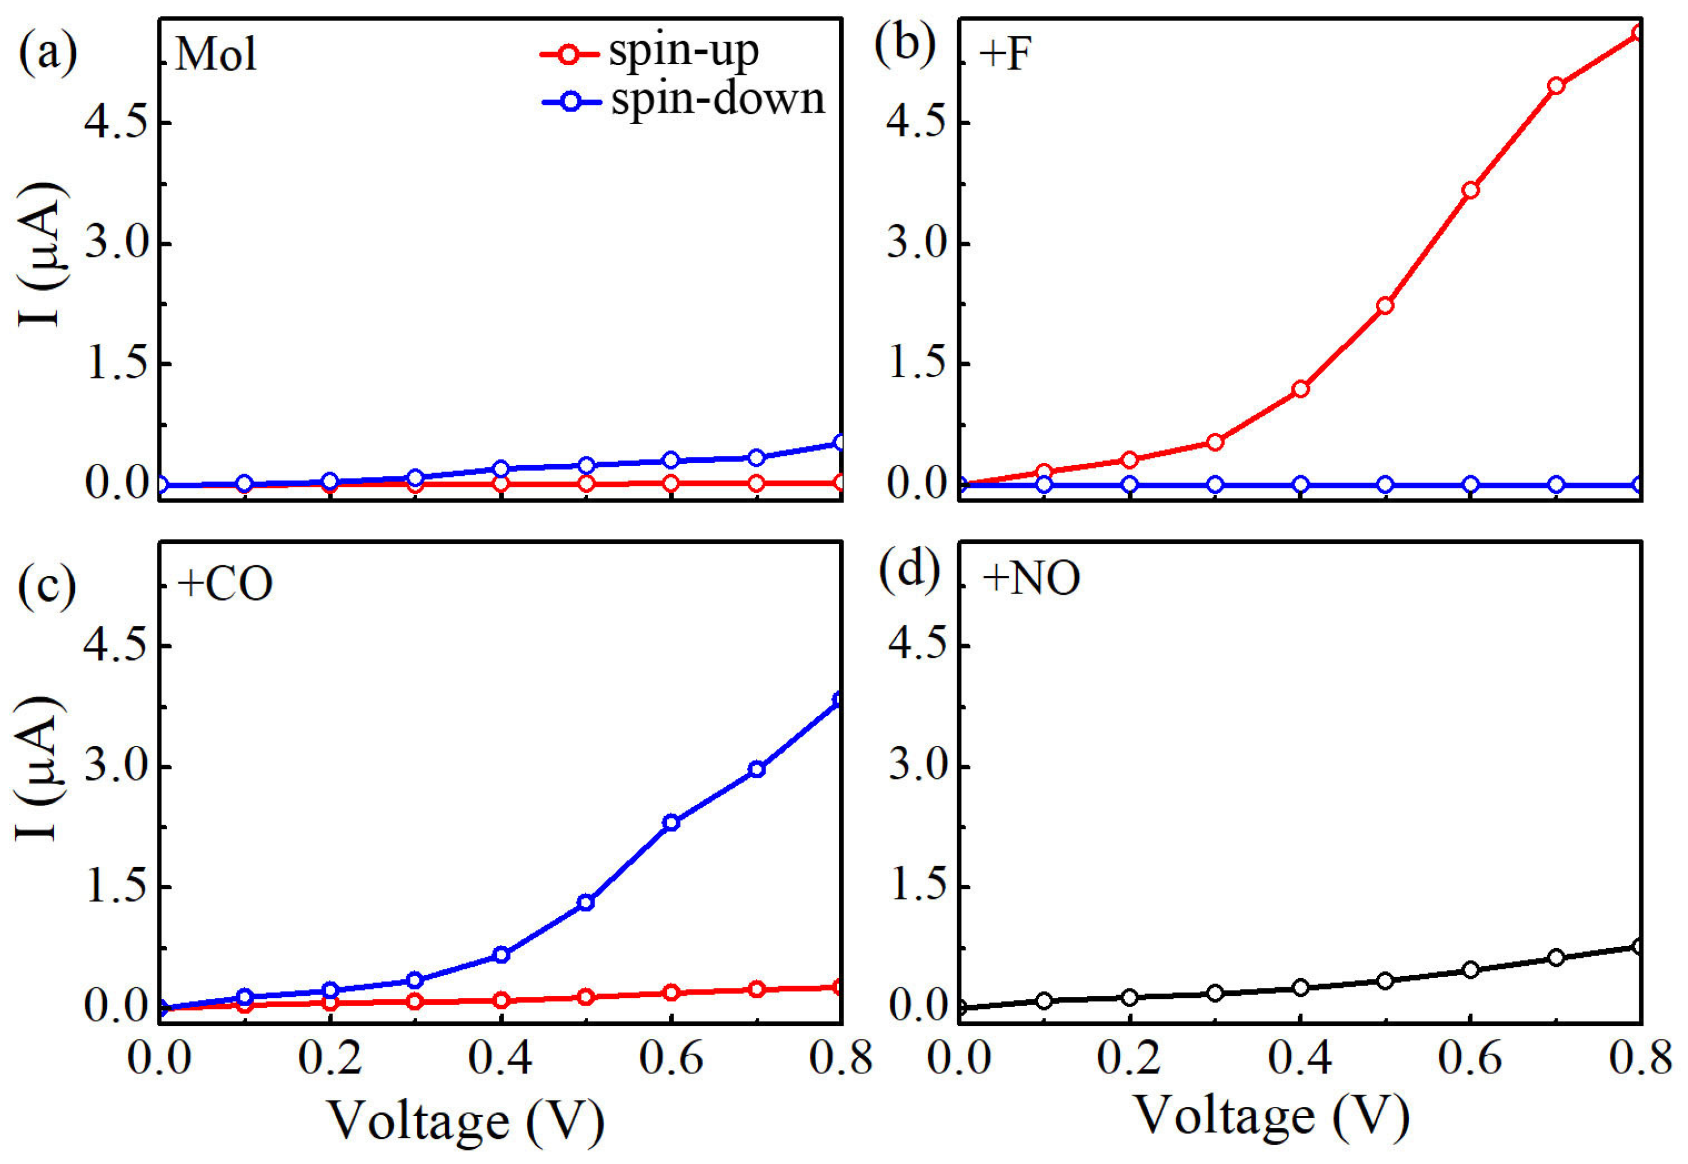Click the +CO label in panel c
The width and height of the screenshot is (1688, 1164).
[x=225, y=584]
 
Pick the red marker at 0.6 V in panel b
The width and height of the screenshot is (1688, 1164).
[x=1470, y=190]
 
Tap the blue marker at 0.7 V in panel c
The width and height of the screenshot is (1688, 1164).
[x=756, y=769]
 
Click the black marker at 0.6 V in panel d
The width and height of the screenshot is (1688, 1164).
[x=1470, y=969]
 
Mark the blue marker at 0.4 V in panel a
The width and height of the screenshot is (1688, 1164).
[x=500, y=468]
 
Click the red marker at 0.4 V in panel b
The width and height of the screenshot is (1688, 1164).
[x=1300, y=389]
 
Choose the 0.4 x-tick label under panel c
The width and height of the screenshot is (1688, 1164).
[x=500, y=1057]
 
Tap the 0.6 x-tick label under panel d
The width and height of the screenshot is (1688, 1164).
[x=1470, y=1057]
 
